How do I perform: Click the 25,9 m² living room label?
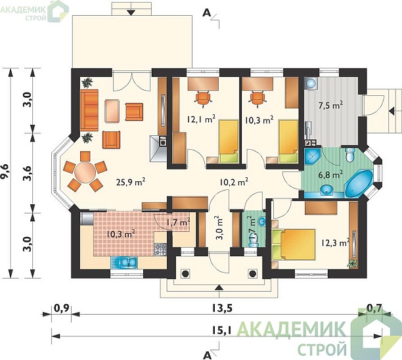pyautogui.click(x=131, y=182)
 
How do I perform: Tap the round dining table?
pyautogui.click(x=85, y=173)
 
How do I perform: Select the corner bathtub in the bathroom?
pyautogui.click(x=359, y=183)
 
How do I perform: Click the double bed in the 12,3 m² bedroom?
pyautogui.click(x=294, y=244)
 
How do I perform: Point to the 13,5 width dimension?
pyautogui.click(x=222, y=308)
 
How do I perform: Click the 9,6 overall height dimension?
pyautogui.click(x=6, y=171)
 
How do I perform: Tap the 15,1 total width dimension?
pyautogui.click(x=222, y=330)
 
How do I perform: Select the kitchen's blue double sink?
pyautogui.click(x=124, y=263)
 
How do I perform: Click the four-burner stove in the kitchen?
pyautogui.click(x=160, y=250)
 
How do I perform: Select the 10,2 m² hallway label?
pyautogui.click(x=234, y=182)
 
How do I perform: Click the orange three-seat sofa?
pyautogui.click(x=89, y=110)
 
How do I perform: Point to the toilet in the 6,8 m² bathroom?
pyautogui.click(x=350, y=154)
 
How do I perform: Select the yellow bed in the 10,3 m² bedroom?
pyautogui.click(x=288, y=141)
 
